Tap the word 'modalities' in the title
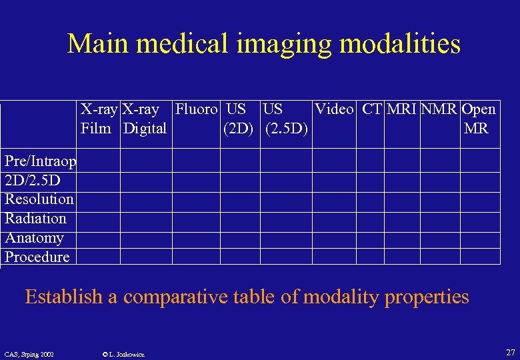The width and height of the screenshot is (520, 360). [400, 44]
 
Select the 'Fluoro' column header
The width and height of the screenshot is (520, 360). [196, 109]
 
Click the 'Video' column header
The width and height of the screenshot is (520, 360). [334, 109]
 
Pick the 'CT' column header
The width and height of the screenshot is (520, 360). [372, 109]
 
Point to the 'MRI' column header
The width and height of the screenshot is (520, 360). [401, 109]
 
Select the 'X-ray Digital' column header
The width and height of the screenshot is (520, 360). [144, 118]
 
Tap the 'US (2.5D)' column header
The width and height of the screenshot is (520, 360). [286, 118]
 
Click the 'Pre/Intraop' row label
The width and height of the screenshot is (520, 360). [41, 161]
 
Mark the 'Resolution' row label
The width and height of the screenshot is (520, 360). [39, 199]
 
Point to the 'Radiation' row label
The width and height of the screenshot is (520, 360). [36, 219]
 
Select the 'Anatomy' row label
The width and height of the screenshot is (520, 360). [35, 238]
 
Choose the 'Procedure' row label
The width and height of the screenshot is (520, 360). [37, 257]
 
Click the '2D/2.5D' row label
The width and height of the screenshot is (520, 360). [33, 180]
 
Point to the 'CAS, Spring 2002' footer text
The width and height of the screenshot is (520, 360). [29, 353]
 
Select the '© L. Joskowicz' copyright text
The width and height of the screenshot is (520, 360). [125, 353]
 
